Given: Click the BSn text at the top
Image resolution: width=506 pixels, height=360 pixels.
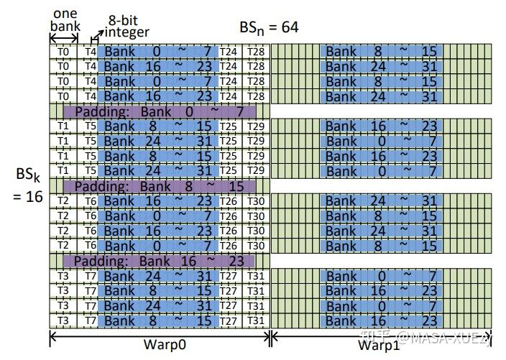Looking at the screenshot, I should pyautogui.click(x=250, y=29).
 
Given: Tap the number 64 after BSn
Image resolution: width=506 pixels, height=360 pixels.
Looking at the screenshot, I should pyautogui.click(x=286, y=28).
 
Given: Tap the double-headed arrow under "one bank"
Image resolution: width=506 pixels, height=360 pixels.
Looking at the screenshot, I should pyautogui.click(x=64, y=40).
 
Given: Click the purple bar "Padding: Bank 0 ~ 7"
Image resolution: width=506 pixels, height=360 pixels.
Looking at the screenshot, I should pyautogui.click(x=158, y=111).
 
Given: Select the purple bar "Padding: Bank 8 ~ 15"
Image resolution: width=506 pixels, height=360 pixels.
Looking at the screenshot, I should pyautogui.click(x=158, y=185).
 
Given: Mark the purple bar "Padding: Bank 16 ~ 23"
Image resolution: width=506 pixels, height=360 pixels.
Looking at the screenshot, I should pyautogui.click(x=158, y=259).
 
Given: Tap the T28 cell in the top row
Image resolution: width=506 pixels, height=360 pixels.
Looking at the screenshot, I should pyautogui.click(x=253, y=51).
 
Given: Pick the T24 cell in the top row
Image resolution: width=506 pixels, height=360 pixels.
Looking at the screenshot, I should pyautogui.click(x=229, y=51).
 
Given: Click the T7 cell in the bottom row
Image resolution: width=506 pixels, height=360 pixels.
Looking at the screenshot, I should pyautogui.click(x=90, y=320).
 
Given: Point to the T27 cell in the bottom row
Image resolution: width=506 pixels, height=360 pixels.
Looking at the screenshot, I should pyautogui.click(x=229, y=320).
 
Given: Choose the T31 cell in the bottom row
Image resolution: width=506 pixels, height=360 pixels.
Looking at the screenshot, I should pyautogui.click(x=253, y=320).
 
